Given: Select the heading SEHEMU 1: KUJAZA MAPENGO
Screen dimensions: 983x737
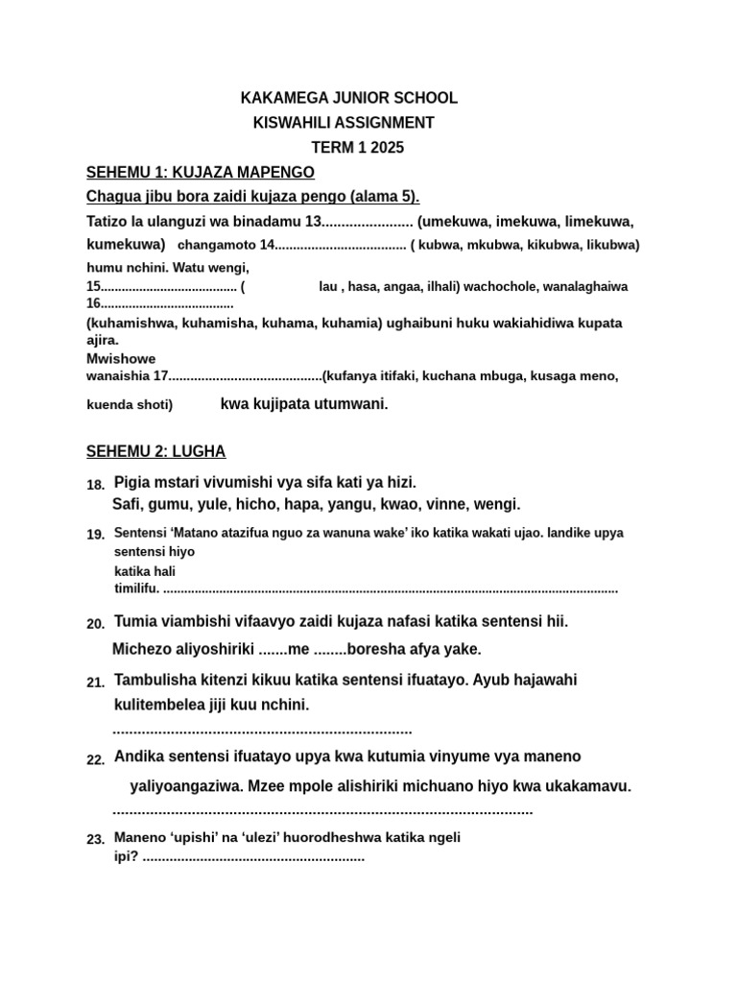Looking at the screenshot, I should [x=201, y=172].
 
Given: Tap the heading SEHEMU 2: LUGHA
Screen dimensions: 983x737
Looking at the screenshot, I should [x=156, y=451].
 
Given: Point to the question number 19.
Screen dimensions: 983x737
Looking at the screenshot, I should [x=95, y=534].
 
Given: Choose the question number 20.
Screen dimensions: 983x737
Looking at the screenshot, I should [x=95, y=624].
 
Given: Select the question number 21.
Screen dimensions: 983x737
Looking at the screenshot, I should [x=95, y=683].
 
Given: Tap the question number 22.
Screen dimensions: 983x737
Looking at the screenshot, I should [x=95, y=760].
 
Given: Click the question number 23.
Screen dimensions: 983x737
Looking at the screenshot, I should [x=95, y=839].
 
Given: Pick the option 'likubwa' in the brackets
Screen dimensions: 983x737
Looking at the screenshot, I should [x=609, y=245].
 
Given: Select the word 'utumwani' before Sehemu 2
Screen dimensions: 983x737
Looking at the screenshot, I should [x=353, y=404].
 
